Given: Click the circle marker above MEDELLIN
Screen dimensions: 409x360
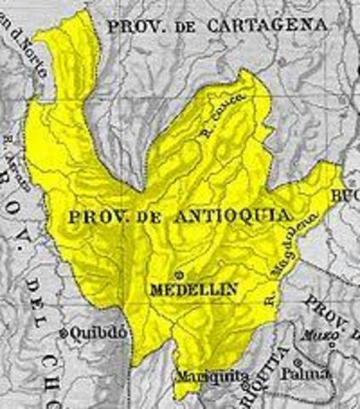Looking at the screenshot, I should point(180,274).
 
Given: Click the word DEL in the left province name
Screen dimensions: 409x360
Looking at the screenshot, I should point(35,291).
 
